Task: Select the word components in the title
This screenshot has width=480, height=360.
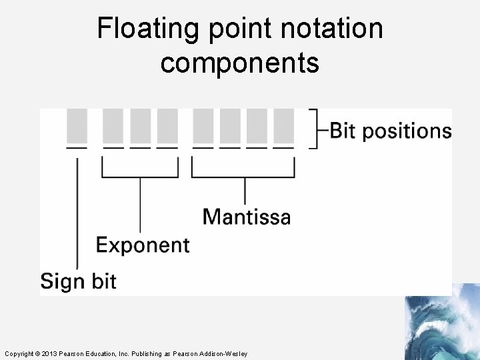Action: click(239, 63)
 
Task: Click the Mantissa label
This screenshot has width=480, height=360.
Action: click(246, 217)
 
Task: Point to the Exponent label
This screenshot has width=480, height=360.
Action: click(143, 245)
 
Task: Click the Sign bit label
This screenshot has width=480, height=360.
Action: click(78, 281)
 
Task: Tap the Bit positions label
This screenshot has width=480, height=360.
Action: click(391, 130)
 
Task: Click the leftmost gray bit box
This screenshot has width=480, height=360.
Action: click(77, 125)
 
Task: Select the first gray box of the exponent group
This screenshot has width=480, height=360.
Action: click(113, 125)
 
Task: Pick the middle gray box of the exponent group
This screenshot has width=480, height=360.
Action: click(140, 125)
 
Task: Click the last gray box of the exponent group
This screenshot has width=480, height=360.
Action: click(167, 125)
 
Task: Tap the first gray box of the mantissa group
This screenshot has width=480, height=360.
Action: click(203, 125)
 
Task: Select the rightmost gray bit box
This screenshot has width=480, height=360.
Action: click(283, 125)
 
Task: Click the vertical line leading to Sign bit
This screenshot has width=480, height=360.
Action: click(77, 213)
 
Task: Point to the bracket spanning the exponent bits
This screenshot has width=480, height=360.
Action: click(140, 177)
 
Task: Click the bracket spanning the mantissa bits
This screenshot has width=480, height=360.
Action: click(244, 177)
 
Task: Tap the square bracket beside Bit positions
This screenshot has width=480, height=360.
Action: click(313, 128)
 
